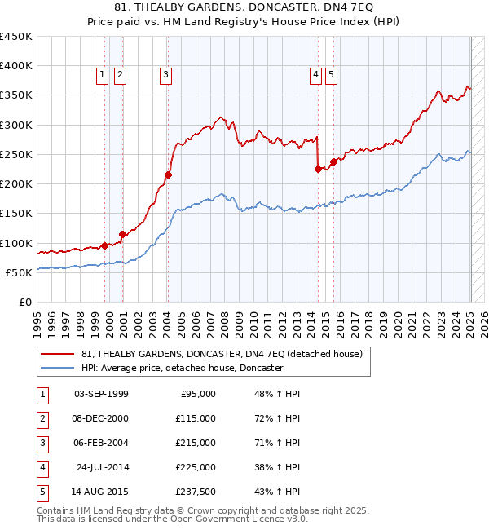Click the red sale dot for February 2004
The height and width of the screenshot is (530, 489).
tap(168, 174)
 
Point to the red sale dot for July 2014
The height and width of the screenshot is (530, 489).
tap(319, 169)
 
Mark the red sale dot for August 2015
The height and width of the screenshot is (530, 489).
tap(333, 161)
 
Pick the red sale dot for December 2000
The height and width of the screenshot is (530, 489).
tap(121, 234)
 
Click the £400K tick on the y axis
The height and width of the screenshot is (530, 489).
tap(16, 65)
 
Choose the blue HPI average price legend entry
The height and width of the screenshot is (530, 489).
tap(181, 369)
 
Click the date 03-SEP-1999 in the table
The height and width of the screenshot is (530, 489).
tap(101, 394)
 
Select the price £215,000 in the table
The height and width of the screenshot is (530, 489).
tap(196, 443)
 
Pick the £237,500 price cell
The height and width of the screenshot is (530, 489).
tap(196, 492)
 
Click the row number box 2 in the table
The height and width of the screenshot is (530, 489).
tap(41, 418)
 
